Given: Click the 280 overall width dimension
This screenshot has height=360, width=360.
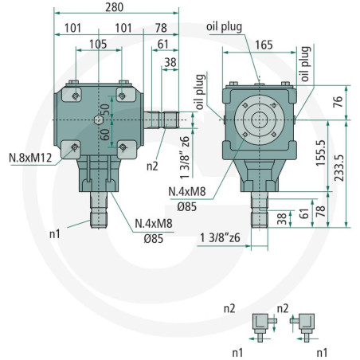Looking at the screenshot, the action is point(115,7).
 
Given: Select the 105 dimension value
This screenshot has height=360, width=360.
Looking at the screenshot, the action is point(98,45).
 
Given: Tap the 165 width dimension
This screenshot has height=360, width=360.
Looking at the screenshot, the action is point(264,45).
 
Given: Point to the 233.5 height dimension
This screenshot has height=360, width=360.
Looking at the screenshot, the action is point(339,168).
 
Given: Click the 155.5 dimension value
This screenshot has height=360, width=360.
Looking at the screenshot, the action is point(321,153).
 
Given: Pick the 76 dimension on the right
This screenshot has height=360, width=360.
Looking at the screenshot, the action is point(338,102).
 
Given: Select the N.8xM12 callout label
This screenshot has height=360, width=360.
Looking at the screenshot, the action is point(30,158).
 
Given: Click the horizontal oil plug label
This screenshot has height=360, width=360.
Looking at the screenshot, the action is point(225,27).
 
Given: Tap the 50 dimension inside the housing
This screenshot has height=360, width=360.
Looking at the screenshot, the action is point(105,109).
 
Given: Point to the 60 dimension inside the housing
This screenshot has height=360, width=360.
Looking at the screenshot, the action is point(105,135).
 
